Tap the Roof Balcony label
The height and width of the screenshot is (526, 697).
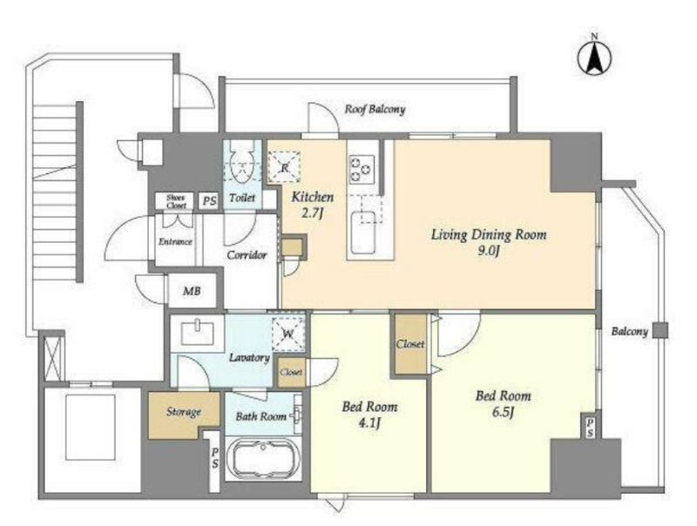(376, 109)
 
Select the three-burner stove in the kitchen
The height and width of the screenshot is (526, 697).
(361, 169)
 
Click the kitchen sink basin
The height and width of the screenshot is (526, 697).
(362, 233)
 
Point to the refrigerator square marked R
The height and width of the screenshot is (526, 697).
(284, 167)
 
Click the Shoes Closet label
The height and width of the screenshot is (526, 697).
(176, 201)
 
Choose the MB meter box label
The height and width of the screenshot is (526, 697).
(192, 292)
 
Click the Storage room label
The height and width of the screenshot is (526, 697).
(184, 412)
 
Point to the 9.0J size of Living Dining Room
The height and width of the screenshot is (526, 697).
(489, 252)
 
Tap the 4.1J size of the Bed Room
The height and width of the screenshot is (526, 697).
(369, 423)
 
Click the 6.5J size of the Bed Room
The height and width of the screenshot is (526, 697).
(504, 412)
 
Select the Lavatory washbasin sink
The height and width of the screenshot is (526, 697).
(198, 333)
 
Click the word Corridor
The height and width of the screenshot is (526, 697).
(247, 255)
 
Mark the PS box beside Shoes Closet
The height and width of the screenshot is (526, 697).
(209, 201)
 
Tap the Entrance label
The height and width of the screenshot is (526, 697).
(175, 242)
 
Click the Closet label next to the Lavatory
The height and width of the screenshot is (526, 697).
(291, 372)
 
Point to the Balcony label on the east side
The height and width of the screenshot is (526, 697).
(629, 332)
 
